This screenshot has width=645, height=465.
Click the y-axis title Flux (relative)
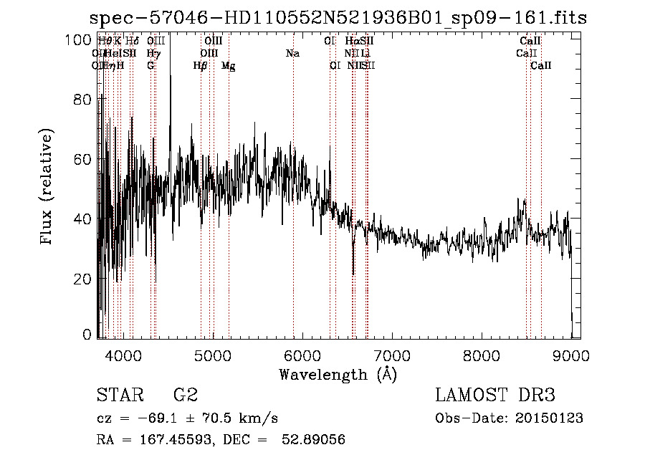pyautogui.click(x=48, y=188)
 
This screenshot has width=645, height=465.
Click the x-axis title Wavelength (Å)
pyautogui.click(x=338, y=374)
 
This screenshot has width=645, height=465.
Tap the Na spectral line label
pyautogui.click(x=292, y=54)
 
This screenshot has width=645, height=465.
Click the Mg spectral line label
pyautogui.click(x=228, y=66)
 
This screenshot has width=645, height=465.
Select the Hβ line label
pyautogui.click(x=201, y=66)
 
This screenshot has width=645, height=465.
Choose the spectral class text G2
pyautogui.click(x=185, y=396)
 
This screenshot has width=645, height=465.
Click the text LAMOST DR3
pyautogui.click(x=495, y=396)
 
